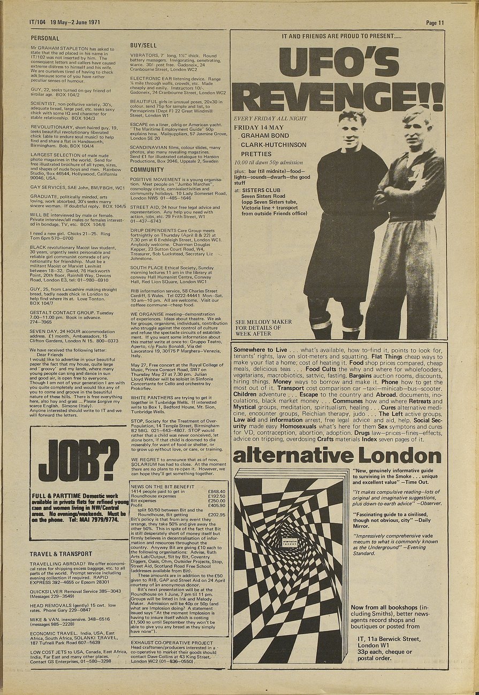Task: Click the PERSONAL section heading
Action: click(x=45, y=38)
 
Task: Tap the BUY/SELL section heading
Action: click(x=143, y=46)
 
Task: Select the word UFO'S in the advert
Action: click(x=338, y=62)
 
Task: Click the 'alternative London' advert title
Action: click(x=338, y=455)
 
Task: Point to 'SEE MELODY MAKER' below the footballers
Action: click(x=263, y=322)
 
